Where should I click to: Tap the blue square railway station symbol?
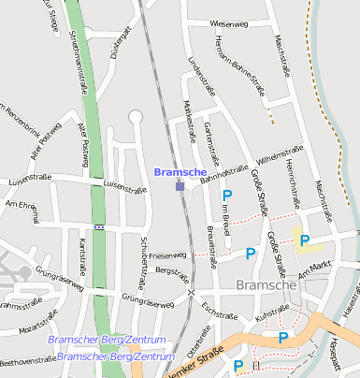[x=180, y=187]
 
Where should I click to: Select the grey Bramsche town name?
[x=267, y=284]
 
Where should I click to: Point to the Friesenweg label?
[x=167, y=254]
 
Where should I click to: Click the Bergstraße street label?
[x=172, y=274]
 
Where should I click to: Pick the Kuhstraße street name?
[x=271, y=319]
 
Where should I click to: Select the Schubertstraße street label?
[x=143, y=259]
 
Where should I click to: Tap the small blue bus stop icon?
[x=99, y=226]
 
